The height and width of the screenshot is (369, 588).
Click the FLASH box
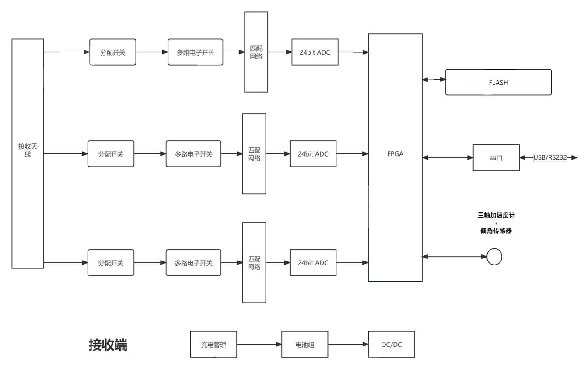[x=498, y=82]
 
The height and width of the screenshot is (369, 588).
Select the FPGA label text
[x=395, y=154]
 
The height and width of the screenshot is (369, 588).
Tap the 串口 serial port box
[x=496, y=158]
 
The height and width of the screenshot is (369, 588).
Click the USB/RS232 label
[x=550, y=157]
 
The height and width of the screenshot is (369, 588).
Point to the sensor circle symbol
[x=494, y=257]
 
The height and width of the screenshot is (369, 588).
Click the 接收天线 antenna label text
[x=28, y=150]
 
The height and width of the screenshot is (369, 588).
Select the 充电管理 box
[x=213, y=345]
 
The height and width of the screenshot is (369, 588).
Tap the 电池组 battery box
[x=305, y=345]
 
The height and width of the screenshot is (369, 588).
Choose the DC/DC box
[x=392, y=345]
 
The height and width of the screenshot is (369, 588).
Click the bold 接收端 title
[x=108, y=345]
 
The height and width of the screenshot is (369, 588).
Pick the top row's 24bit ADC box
[x=315, y=52]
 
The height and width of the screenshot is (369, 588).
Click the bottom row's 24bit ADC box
[x=313, y=263]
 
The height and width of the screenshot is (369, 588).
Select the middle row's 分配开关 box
[x=111, y=154]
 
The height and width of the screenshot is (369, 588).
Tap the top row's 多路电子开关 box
[x=195, y=52]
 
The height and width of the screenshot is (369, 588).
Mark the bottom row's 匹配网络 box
[x=254, y=263]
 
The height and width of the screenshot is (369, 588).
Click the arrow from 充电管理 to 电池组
[x=259, y=345]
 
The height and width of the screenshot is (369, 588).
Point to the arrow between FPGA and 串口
[x=448, y=157]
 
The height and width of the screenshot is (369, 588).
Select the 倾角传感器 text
[x=496, y=231]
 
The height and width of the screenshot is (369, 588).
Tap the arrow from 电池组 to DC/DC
[x=348, y=345]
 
